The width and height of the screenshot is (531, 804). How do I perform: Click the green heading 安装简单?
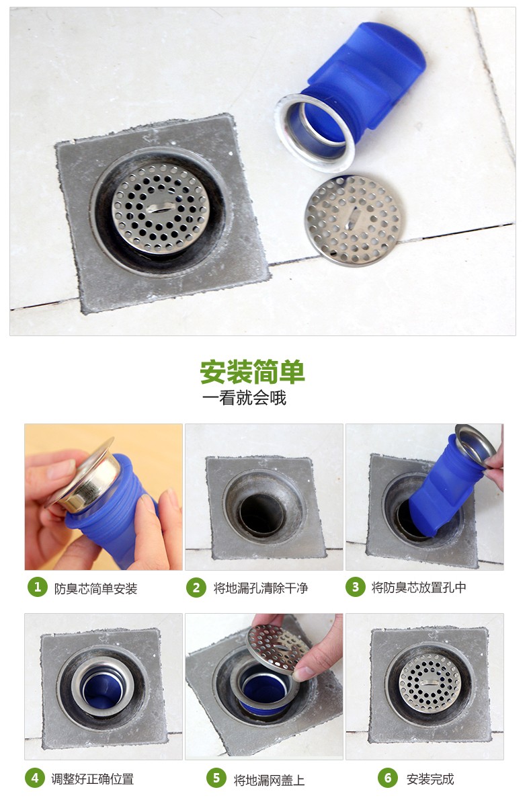tap(252, 372)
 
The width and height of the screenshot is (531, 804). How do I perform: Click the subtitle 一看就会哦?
tap(244, 398)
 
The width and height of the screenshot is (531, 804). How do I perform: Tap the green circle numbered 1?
tap(37, 587)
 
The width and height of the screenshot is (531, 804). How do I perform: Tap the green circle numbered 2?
tap(196, 587)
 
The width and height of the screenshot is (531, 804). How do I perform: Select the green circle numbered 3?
tap(355, 587)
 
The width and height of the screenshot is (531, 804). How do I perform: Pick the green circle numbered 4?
tap(35, 778)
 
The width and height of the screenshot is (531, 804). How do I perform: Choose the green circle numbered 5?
tap(216, 778)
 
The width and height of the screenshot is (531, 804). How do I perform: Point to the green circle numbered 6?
tap(387, 778)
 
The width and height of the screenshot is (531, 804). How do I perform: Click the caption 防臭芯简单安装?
tap(95, 588)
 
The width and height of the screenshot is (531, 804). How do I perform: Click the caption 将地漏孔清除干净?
tap(261, 588)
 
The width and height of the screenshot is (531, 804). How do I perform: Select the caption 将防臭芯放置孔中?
tap(419, 588)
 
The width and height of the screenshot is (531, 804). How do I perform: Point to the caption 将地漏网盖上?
tap(269, 780)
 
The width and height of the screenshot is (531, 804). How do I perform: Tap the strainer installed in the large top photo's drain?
tap(161, 207)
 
